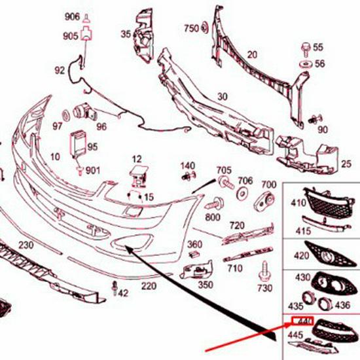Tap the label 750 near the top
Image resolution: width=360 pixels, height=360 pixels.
click(190, 28)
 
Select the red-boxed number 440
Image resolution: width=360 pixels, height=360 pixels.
click(303, 321)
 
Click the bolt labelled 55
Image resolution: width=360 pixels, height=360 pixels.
click(306, 48)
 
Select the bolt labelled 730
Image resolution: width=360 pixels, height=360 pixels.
click(264, 269)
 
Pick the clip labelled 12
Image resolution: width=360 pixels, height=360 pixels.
click(137, 175)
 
